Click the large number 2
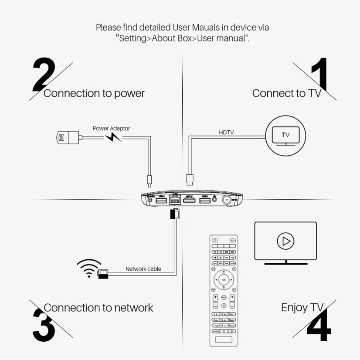click(x=44, y=75)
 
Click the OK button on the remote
click(x=224, y=279)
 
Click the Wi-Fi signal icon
click(x=88, y=268)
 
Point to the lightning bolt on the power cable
click(x=113, y=138)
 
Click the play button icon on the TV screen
click(x=285, y=241)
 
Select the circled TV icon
click(x=285, y=136)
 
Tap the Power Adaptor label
click(x=111, y=129)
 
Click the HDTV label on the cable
click(x=226, y=132)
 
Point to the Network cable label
click(x=143, y=269)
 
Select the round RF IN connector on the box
click(x=227, y=200)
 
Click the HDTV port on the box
click(x=189, y=200)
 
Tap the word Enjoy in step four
click(x=294, y=307)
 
